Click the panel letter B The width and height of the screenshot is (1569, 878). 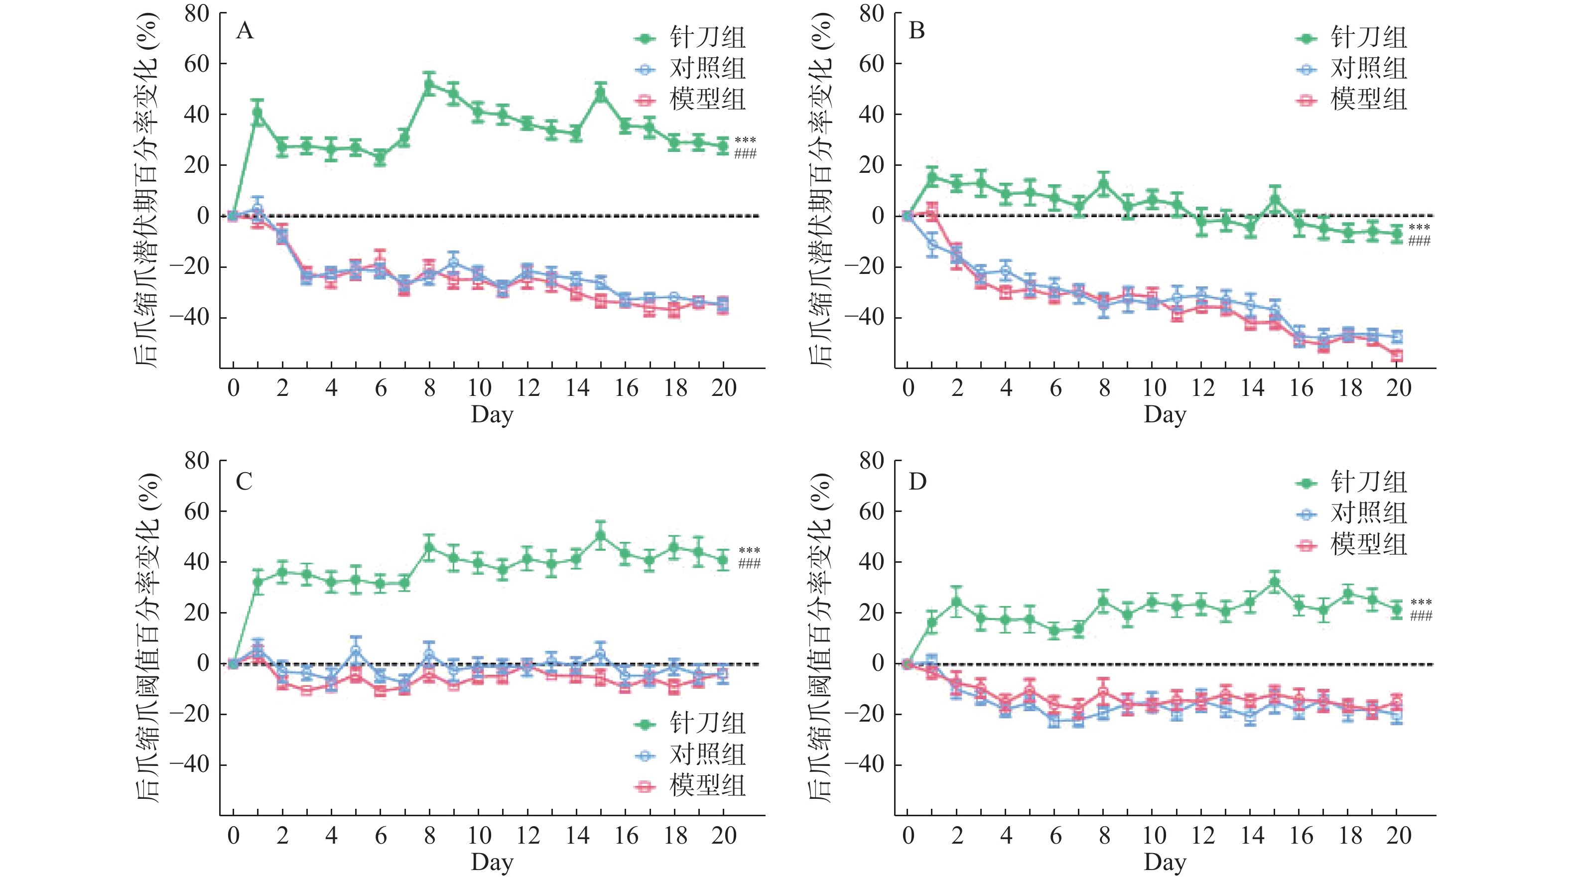pos(916,30)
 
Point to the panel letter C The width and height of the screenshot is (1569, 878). pos(244,482)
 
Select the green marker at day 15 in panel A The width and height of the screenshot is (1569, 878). pos(601,94)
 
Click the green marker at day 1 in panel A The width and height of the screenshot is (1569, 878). pos(258,112)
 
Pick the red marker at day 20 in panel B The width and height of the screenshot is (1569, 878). pos(1397,356)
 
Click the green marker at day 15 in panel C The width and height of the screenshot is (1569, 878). pos(601,536)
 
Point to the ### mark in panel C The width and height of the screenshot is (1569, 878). pos(749,564)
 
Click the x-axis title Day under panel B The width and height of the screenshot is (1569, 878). pos(1165,415)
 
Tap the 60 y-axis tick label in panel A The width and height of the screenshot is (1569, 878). pos(197,64)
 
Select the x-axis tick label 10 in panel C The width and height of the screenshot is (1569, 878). pos(479,835)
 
